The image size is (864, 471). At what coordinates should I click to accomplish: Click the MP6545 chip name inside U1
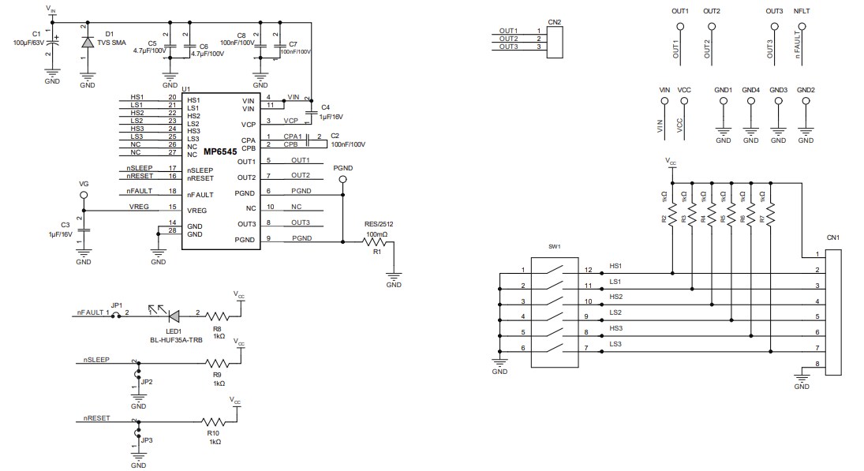[x=221, y=151]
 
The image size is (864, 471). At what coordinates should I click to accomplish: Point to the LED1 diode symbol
[x=174, y=315]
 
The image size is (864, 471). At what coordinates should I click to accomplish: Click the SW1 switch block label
[x=554, y=247]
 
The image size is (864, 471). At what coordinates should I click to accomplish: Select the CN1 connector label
[x=832, y=237]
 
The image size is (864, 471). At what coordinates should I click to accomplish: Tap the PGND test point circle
[x=342, y=179]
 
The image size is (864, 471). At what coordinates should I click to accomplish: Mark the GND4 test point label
[x=751, y=90]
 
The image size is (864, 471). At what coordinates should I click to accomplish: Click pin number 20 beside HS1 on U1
[x=171, y=97]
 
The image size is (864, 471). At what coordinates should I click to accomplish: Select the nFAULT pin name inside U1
[x=200, y=194]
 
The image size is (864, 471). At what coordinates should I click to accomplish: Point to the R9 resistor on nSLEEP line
[x=218, y=364]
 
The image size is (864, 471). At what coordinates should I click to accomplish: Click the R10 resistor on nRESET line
[x=214, y=423]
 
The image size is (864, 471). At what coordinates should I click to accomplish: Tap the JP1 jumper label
[x=116, y=305]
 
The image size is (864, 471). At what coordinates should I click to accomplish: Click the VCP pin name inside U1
[x=249, y=124]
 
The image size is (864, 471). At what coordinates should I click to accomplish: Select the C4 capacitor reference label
[x=325, y=106]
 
